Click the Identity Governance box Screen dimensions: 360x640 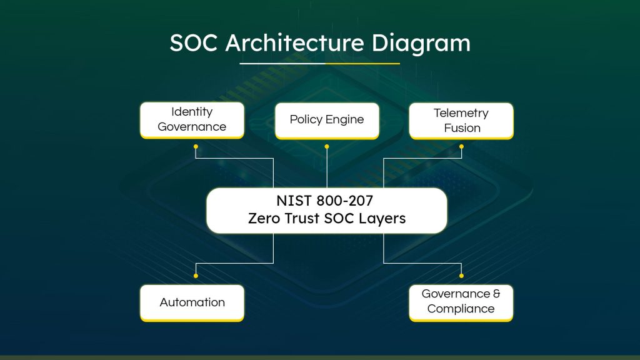192,119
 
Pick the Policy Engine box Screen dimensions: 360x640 327,120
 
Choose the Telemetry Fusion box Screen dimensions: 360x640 462,121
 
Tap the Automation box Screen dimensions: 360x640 192,302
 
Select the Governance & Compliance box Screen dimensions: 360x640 461,302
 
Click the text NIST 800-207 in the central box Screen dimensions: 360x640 326,202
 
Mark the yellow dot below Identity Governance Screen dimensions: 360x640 196,147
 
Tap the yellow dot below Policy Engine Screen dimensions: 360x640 327,147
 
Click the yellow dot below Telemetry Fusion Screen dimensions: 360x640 462,147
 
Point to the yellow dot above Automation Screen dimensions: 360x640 196,275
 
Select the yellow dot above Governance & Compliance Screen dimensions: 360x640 462,275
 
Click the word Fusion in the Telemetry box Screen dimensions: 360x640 462,128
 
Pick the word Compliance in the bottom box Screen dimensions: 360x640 461,309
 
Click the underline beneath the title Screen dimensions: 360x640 320,63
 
